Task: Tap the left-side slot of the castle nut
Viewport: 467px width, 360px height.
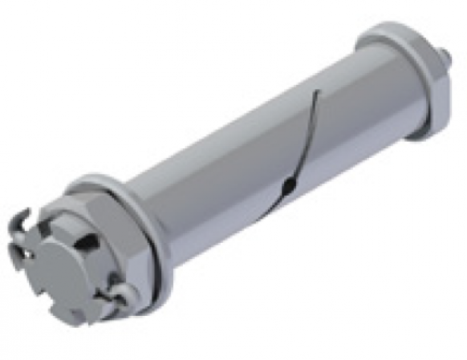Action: click(21, 255)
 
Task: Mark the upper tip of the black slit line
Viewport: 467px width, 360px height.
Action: click(319, 91)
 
